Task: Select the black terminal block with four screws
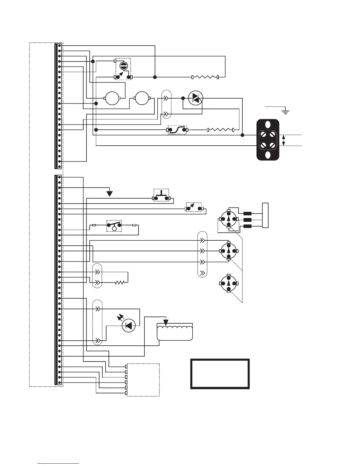[268, 140]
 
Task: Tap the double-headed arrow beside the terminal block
[284, 140]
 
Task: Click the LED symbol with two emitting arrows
[128, 325]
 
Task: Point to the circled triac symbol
[195, 98]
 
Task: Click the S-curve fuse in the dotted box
[177, 130]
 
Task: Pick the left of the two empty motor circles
[112, 98]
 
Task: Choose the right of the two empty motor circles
[142, 98]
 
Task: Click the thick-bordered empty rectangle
[220, 374]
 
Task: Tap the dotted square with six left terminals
[143, 380]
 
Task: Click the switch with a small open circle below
[114, 226]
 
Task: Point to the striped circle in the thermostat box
[124, 66]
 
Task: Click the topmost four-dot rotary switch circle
[229, 219]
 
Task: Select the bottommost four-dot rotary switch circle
[229, 283]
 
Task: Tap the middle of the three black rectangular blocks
[248, 220]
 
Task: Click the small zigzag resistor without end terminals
[120, 283]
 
